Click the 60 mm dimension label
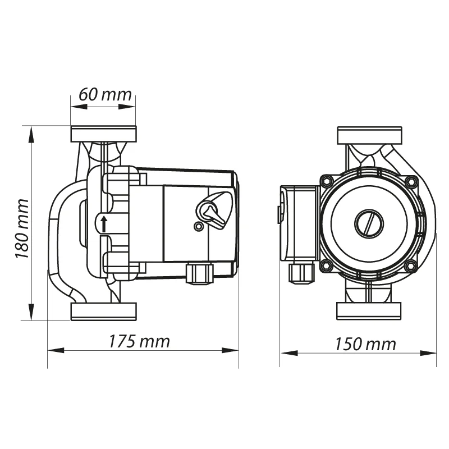pyautogui.click(x=105, y=94)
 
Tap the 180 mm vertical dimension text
pyautogui.click(x=22, y=228)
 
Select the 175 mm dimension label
pyautogui.click(x=139, y=341)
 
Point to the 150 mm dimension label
pyautogui.click(x=365, y=344)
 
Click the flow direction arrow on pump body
pyautogui.click(x=104, y=224)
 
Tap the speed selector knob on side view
pyautogui.click(x=214, y=210)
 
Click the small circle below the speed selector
pyautogui.click(x=198, y=227)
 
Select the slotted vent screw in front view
pyautogui.click(x=369, y=223)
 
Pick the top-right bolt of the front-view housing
pyautogui.click(x=411, y=181)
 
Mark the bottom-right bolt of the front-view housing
pyautogui.click(x=411, y=265)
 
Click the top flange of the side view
pyautogui.click(x=104, y=134)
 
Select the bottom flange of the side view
pyautogui.click(x=104, y=311)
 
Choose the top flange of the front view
pyautogui.click(x=370, y=135)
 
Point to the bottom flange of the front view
pyautogui.click(x=369, y=311)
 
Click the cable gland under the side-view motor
pyautogui.click(x=200, y=274)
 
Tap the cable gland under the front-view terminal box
pyautogui.click(x=301, y=273)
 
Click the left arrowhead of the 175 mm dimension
pyautogui.click(x=56, y=350)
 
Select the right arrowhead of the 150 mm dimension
pyautogui.click(x=428, y=353)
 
